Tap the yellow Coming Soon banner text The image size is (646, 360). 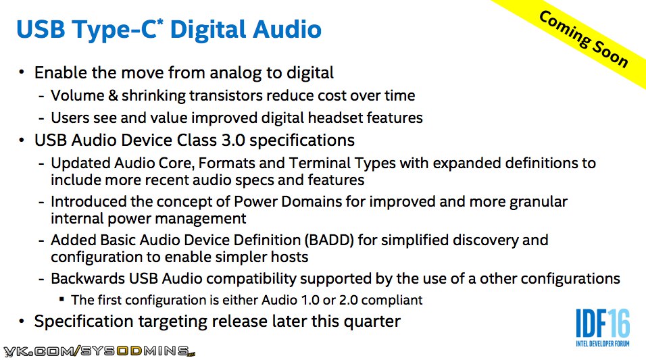tap(583, 39)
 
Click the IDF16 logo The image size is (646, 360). tap(603, 328)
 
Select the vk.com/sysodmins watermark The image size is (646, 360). tap(99, 351)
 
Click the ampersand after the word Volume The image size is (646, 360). tap(113, 95)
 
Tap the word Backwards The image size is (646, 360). tap(88, 279)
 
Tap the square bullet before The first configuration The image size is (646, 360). tap(61, 299)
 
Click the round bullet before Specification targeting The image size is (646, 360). tap(22, 321)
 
